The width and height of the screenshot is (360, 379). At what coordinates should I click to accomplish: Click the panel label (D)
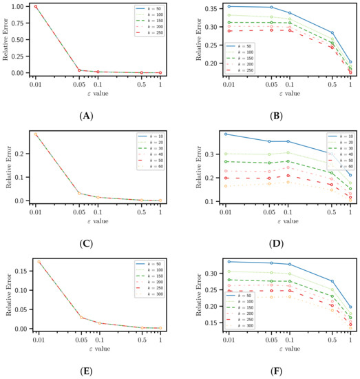tap(275, 243)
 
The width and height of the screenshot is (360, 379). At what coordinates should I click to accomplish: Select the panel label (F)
tap(275, 371)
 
